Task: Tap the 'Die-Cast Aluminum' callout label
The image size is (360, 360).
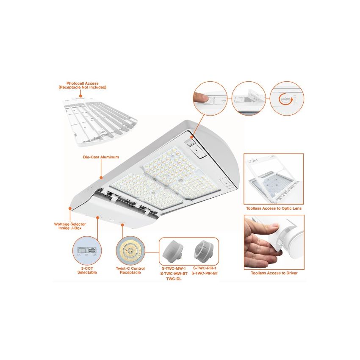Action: click(x=101, y=157)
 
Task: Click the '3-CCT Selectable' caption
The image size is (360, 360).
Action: click(x=86, y=270)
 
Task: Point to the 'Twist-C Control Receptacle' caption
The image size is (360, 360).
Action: click(x=130, y=270)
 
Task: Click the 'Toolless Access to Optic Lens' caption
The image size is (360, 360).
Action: click(x=274, y=209)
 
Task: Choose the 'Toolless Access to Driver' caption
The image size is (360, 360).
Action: click(x=274, y=273)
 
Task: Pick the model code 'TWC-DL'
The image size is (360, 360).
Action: click(x=174, y=278)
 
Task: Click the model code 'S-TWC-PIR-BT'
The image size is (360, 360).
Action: click(x=205, y=273)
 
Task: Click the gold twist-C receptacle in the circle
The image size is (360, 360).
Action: click(x=130, y=251)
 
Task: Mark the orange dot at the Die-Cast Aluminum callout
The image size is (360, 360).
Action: click(x=101, y=177)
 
